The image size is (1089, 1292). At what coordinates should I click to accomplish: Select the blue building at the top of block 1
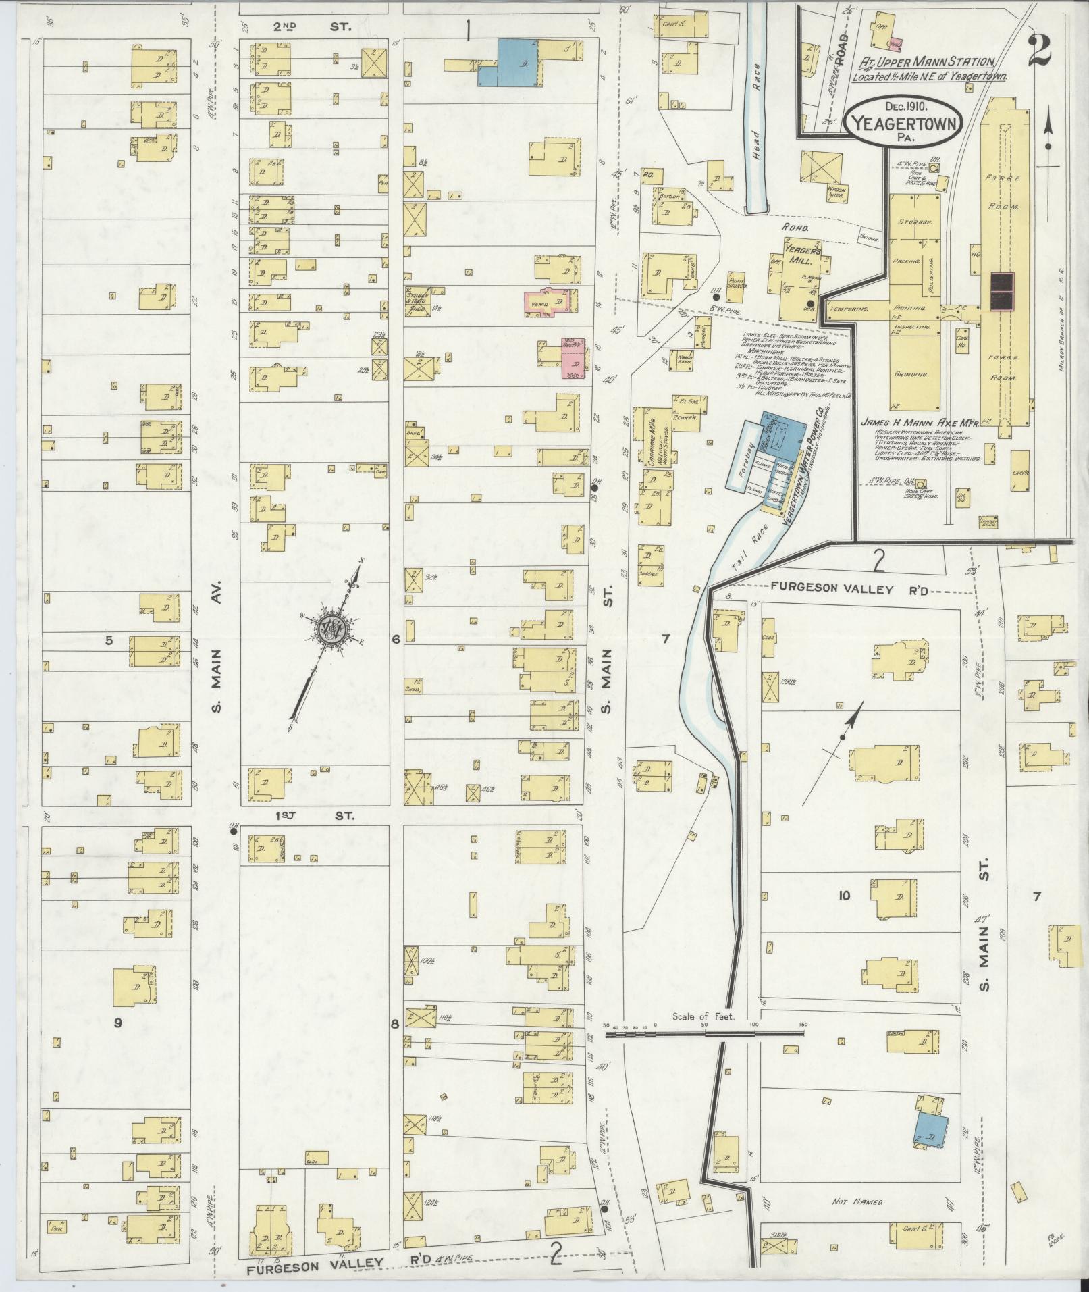[510, 63]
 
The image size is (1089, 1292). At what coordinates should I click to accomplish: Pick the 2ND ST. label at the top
[302, 27]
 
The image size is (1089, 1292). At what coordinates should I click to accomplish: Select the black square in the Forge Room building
[1002, 291]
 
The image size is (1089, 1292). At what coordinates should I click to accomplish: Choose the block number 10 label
[843, 896]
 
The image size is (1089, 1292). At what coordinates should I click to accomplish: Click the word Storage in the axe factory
[915, 222]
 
